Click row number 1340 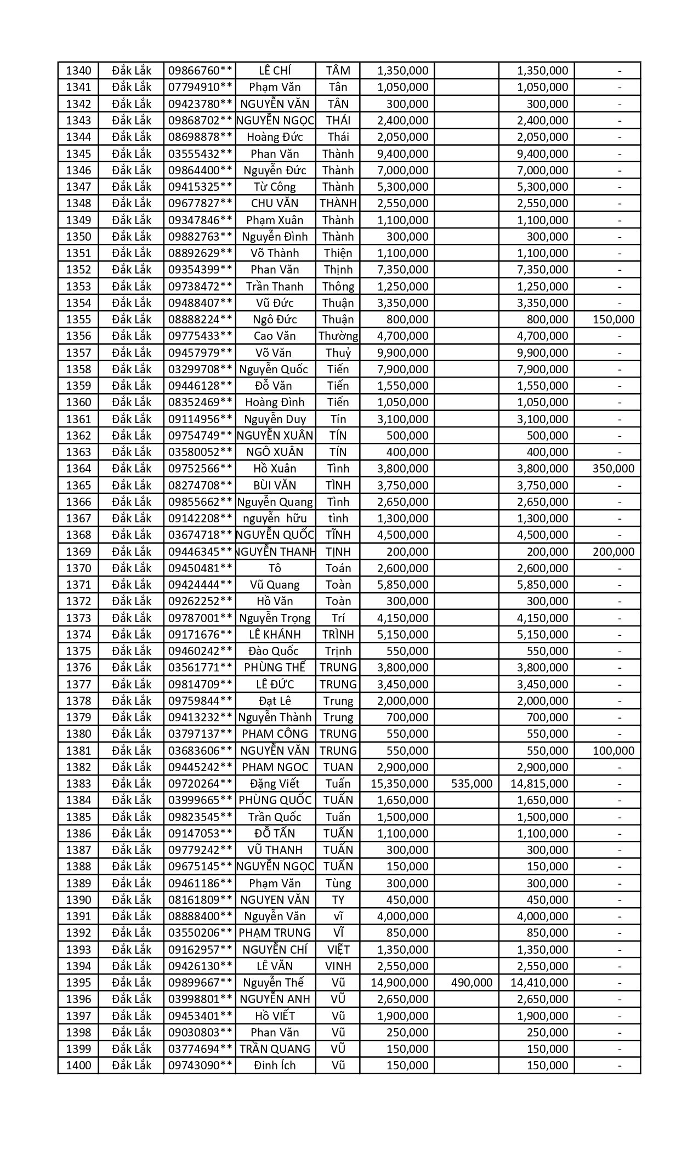(x=78, y=71)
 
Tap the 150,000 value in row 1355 (x=613, y=320)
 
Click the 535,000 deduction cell (x=471, y=784)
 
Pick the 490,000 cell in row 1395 (x=471, y=983)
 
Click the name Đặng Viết (x=275, y=784)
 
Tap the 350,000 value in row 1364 (x=613, y=469)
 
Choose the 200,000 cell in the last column (x=613, y=552)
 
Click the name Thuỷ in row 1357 (x=338, y=352)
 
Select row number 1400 (x=78, y=1065)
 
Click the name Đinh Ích (x=275, y=1065)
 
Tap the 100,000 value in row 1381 (x=613, y=751)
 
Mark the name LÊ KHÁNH (x=275, y=635)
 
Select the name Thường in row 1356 (x=338, y=336)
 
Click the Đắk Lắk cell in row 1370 (x=132, y=568)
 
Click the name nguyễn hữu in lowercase (x=275, y=518)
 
